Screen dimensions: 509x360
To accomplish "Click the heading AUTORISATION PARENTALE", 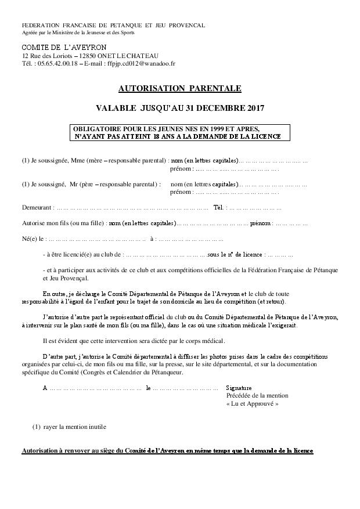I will (179, 89).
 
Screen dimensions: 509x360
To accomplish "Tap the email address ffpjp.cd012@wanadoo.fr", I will (141, 63).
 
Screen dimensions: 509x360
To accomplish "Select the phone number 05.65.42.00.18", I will (56, 63).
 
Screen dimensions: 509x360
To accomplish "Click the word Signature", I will (239, 387).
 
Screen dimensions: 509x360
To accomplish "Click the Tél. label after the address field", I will (219, 207).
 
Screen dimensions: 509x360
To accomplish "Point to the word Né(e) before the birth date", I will (30, 239).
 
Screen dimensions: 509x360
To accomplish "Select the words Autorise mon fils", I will (49, 223).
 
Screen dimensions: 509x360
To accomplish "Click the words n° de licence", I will (244, 254).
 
